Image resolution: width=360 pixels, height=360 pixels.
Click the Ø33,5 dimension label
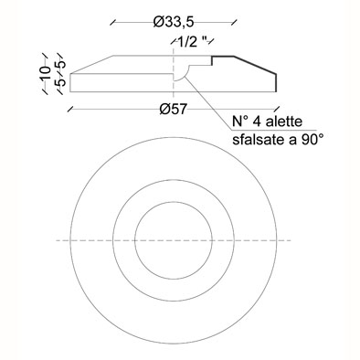pos(174,22)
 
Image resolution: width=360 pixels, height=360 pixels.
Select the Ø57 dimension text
pos(173,109)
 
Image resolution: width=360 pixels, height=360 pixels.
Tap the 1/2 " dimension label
pos(193,42)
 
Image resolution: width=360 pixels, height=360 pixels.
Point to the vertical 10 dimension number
pos(45,73)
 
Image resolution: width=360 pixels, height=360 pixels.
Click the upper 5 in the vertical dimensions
pos(61,65)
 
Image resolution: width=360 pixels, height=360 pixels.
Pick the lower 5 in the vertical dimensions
pos(61,82)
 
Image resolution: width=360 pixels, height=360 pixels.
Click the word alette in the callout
pos(284,122)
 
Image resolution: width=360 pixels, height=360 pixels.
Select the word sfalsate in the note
pos(254,140)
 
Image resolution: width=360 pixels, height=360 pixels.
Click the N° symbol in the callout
pos(240,122)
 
